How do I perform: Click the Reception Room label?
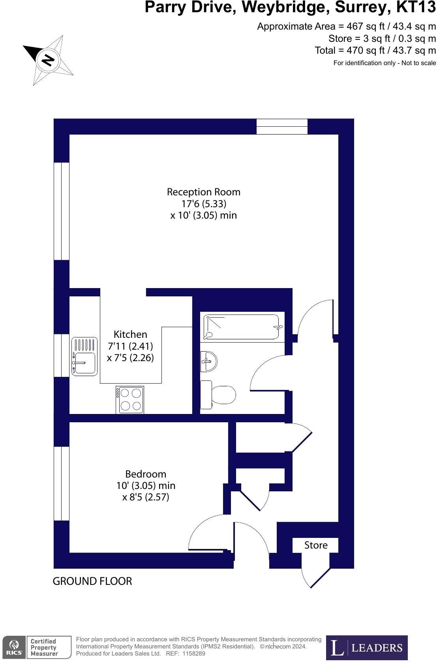203,192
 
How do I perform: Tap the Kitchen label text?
130,334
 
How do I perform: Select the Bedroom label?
146,474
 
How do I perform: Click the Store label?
316,545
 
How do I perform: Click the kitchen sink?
84,356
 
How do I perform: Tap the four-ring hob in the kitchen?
130,400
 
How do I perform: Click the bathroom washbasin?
208,361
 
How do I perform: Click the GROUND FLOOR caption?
92,581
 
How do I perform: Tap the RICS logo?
14,647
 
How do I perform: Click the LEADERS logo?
367,648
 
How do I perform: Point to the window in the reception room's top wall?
282,126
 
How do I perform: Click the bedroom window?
62,483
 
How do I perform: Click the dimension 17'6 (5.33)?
204,204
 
